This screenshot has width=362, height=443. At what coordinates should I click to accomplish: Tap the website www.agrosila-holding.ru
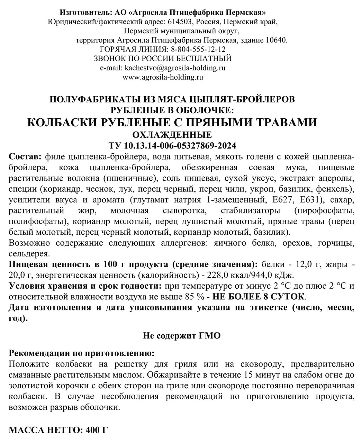pyautogui.click(x=163, y=77)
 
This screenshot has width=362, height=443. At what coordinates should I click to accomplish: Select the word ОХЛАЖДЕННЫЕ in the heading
pyautogui.click(x=172, y=134)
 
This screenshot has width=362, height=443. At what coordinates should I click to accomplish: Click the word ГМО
pyautogui.click(x=209, y=335)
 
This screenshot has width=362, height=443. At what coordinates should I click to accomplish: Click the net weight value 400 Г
pyautogui.click(x=96, y=431)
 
